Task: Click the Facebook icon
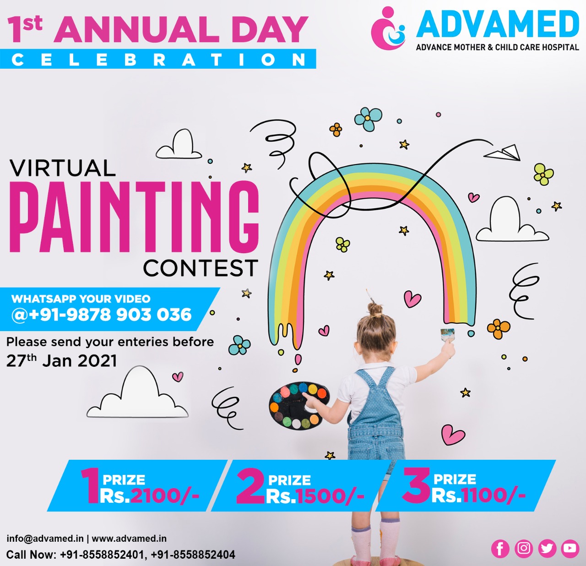click(500, 548)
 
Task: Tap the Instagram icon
click(524, 548)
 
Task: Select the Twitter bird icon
click(547, 548)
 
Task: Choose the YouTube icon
click(570, 548)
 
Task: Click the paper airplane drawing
click(502, 152)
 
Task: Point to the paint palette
click(298, 406)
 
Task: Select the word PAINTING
click(134, 217)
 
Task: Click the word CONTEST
click(200, 268)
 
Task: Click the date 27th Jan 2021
click(61, 360)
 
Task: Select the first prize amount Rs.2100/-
click(149, 496)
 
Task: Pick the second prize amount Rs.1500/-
click(315, 496)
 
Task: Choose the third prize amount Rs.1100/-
click(478, 495)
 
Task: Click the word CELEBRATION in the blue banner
click(158, 60)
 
